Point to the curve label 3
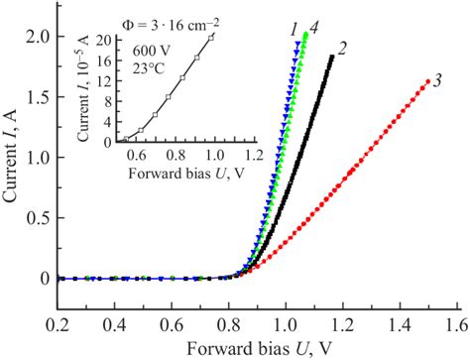(436, 81)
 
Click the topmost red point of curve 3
(427, 81)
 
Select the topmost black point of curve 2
(331, 58)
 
